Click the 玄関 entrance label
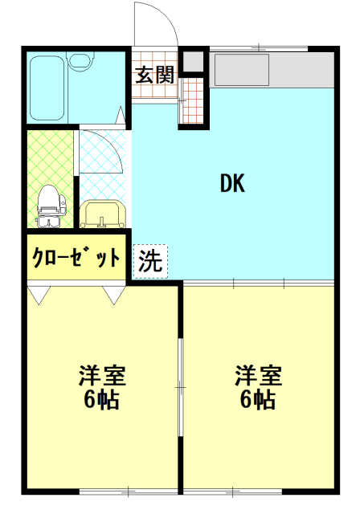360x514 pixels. point(154,75)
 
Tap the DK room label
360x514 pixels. point(232,183)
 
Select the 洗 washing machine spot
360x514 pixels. point(150,261)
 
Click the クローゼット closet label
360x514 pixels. point(76,258)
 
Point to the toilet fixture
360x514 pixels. point(51,206)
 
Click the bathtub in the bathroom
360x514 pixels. point(47,88)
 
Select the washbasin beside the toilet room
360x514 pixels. point(103,214)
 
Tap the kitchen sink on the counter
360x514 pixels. point(241,70)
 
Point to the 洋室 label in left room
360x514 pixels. point(102,375)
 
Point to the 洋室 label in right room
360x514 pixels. point(259,375)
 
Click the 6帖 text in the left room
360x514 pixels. point(101,399)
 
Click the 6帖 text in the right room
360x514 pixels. point(258,399)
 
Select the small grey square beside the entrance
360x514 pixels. point(193,61)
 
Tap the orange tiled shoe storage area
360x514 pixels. point(194,100)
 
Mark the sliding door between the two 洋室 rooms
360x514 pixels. point(180,387)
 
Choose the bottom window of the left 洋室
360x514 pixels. point(129,492)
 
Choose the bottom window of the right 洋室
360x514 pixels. point(232,492)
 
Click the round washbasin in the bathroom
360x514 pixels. point(80,61)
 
